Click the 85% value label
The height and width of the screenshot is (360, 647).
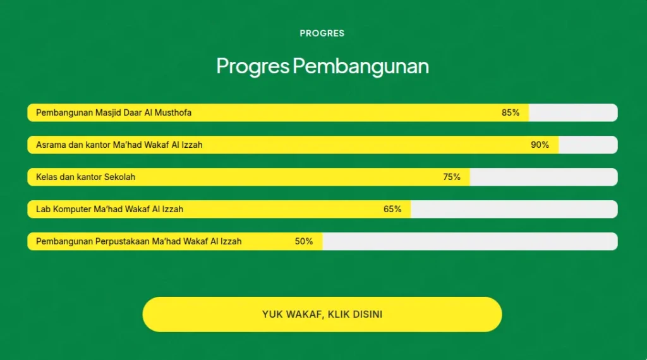[x=511, y=112]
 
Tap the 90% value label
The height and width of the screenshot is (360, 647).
[x=540, y=145]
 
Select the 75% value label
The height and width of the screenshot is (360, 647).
[x=451, y=177]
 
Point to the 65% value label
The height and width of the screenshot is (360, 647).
[x=392, y=209]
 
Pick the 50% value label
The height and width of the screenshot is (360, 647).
[x=304, y=241]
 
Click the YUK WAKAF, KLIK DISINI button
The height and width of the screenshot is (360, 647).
[x=322, y=315]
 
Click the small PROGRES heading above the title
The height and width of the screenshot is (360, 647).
[x=322, y=33]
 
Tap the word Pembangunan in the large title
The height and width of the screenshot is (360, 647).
[x=361, y=66]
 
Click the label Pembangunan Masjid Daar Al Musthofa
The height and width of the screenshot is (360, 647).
[x=114, y=112]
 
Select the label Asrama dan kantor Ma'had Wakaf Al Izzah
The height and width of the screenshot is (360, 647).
[x=119, y=145]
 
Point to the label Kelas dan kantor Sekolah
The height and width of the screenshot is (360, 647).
[x=85, y=177]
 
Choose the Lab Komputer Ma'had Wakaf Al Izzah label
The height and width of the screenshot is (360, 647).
[x=109, y=209]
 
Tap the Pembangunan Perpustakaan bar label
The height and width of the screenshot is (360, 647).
[x=138, y=241]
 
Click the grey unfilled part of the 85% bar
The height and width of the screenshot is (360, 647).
[x=573, y=112]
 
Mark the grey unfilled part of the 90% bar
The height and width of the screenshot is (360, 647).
[x=588, y=145]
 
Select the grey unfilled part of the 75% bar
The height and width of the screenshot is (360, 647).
[x=544, y=177]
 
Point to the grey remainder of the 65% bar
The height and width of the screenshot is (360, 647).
[x=514, y=209]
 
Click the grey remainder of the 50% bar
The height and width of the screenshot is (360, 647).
[x=470, y=241]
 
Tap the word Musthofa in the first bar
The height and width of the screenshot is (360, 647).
[x=173, y=112]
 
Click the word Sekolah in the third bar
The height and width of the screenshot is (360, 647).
[x=119, y=177]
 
